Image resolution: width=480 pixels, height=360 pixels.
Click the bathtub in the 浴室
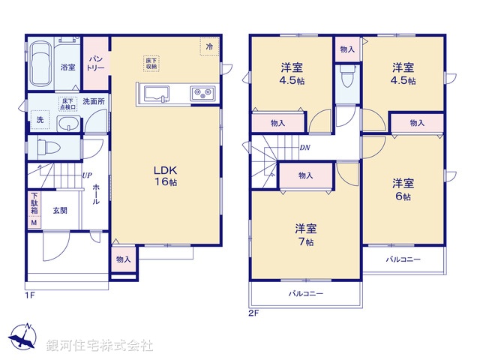coord(43,57)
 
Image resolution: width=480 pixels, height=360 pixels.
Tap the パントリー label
coord(96,63)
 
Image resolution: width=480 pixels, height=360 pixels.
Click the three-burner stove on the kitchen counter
coord(202,93)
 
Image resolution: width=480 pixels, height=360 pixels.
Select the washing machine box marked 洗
coord(39,119)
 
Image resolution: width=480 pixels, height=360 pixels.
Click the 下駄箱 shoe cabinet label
coord(34,202)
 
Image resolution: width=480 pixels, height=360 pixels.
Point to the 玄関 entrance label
coord(60,211)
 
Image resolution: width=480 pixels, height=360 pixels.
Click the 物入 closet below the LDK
coord(124,259)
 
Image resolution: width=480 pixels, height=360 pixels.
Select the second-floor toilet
coord(346,78)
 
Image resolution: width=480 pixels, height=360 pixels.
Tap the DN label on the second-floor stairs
coord(305,148)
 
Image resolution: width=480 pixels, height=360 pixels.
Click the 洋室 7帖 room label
coord(304,234)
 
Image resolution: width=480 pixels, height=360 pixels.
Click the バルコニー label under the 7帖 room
coord(306,294)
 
